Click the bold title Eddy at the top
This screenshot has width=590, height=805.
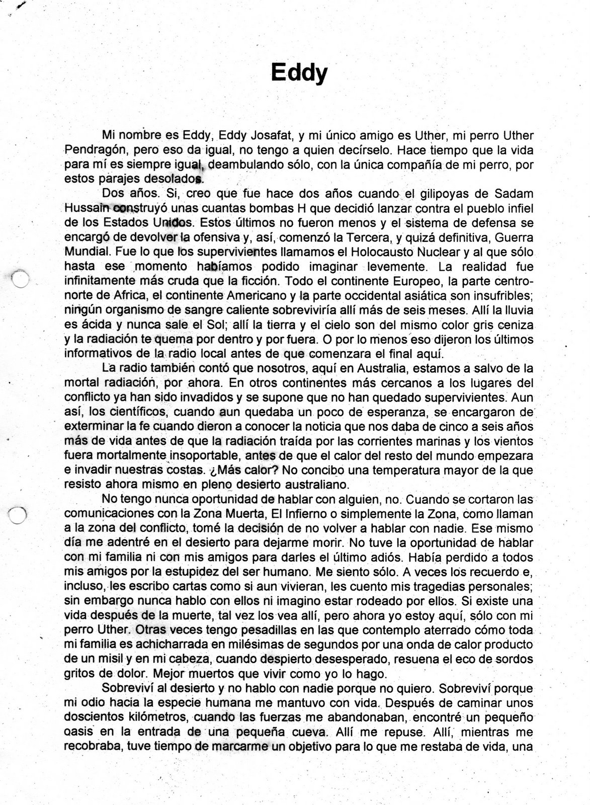299,73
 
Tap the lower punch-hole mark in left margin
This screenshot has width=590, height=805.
18,514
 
